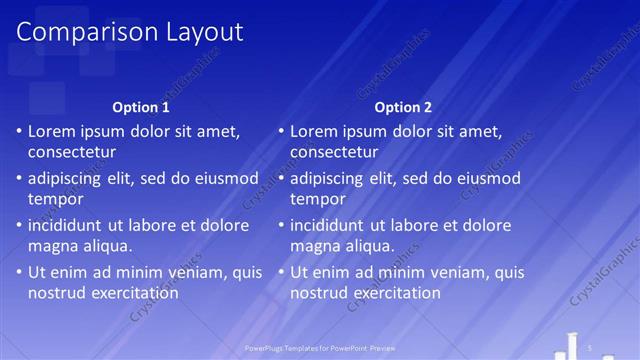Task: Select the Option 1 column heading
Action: tap(141, 107)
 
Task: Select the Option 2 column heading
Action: tap(403, 107)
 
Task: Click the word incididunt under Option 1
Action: tap(68, 225)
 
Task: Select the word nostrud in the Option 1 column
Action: tap(56, 294)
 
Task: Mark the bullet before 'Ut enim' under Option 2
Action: tap(282, 272)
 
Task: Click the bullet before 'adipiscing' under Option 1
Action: tap(20, 178)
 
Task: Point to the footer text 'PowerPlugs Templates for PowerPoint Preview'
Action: tap(319, 348)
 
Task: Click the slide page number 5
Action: tap(591, 347)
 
